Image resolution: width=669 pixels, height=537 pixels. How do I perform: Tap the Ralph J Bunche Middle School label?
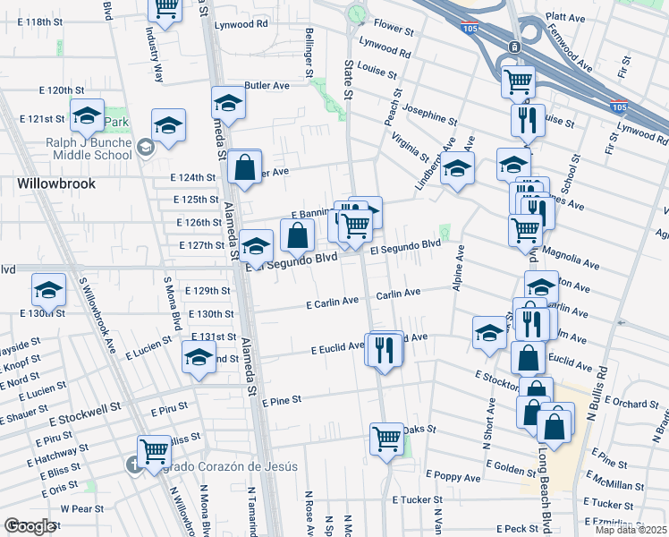pos(89,147)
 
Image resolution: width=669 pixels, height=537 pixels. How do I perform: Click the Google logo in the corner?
pos(29,526)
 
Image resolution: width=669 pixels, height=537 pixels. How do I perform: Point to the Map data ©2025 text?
pos(631,530)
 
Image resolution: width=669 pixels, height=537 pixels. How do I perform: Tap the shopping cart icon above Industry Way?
pos(165,7)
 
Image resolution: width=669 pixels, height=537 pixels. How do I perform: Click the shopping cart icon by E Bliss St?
pos(154,449)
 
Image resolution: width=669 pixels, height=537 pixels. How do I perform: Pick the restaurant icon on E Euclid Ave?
pos(385,349)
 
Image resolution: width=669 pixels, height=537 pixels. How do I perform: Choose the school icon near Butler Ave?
pos(228,103)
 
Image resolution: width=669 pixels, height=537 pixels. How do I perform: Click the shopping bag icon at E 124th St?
pos(243,166)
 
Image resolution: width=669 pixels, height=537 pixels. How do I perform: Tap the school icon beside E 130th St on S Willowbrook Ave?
pos(49,289)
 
